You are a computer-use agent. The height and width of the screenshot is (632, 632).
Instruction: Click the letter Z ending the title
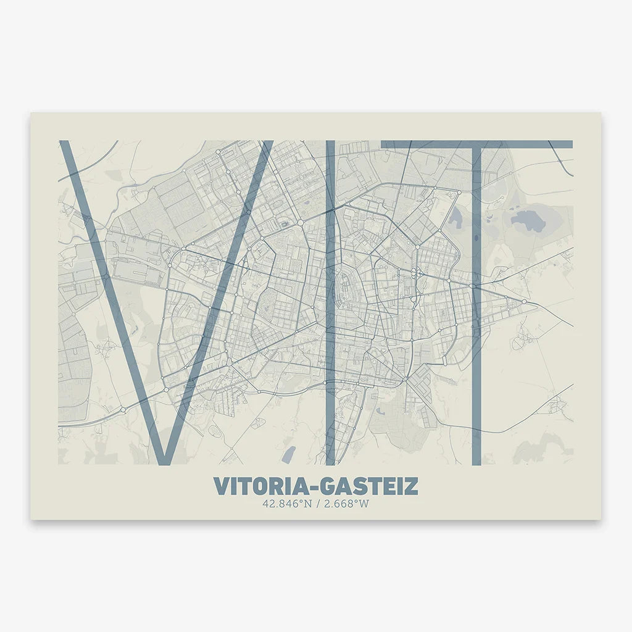(x=411, y=486)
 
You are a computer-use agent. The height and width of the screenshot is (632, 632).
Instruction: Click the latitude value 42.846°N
(x=285, y=504)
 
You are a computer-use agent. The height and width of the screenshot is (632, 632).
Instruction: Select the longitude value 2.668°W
(x=347, y=504)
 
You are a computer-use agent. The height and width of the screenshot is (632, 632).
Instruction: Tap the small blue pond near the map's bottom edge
(x=288, y=455)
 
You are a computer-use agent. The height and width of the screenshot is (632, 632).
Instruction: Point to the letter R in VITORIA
(x=273, y=486)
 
